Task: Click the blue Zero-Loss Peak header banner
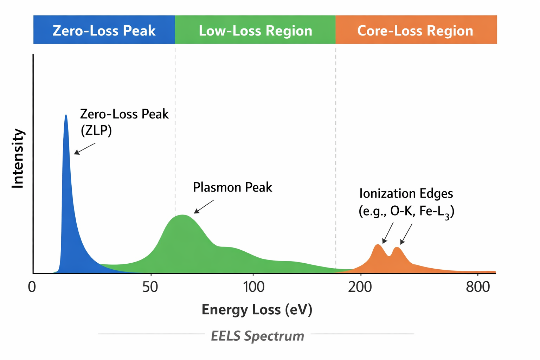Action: pos(104,30)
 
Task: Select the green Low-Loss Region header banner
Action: pos(255,30)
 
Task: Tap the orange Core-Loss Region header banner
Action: pos(416,30)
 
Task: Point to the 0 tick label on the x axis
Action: pos(32,287)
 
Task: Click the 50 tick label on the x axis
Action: pos(150,287)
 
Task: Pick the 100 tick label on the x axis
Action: pos(254,287)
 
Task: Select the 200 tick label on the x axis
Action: pos(360,287)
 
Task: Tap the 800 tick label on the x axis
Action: pos(478,287)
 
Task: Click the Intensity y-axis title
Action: pos(18,158)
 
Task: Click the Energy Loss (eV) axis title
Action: pos(257,309)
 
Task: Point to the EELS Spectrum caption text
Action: pos(257,336)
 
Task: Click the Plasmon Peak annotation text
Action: pos(232,187)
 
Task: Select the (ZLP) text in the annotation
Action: pos(96,130)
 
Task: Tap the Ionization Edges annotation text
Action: pos(406,193)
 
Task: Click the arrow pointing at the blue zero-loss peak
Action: pos(84,149)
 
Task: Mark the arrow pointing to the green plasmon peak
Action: pos(204,207)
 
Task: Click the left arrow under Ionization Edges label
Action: pos(388,233)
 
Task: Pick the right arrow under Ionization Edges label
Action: pos(406,234)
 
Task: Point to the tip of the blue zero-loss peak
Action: pos(66,116)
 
